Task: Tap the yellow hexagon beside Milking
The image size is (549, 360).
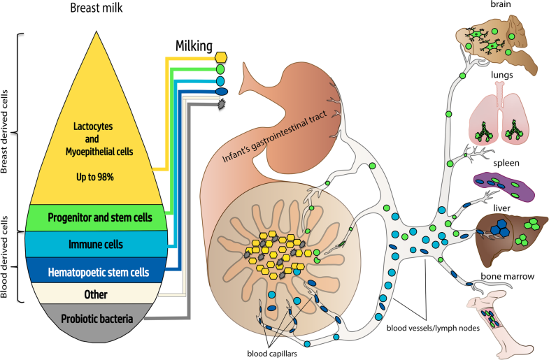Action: [x=222, y=57]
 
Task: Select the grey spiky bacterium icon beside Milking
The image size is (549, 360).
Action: [x=222, y=103]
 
